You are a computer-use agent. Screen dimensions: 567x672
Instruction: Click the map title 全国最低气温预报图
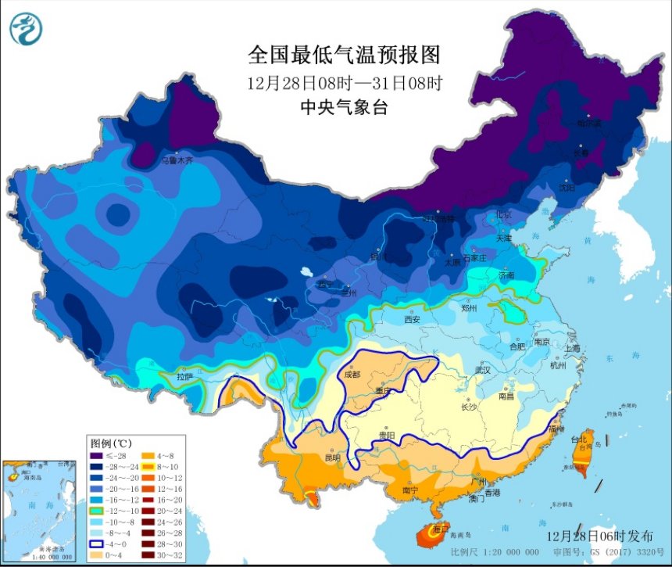pyautogui.click(x=344, y=56)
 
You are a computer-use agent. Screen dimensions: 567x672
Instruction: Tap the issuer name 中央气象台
pyautogui.click(x=344, y=108)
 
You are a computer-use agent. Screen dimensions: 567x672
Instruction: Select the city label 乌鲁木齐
pyautogui.click(x=177, y=160)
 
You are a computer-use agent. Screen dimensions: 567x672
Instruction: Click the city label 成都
pyautogui.click(x=353, y=374)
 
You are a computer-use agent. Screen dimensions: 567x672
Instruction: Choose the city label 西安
pyautogui.click(x=413, y=319)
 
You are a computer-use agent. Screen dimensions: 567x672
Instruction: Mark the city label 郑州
pyautogui.click(x=469, y=308)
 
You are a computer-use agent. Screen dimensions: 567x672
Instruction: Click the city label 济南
pyautogui.click(x=506, y=275)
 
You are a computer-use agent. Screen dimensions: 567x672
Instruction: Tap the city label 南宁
pyautogui.click(x=410, y=490)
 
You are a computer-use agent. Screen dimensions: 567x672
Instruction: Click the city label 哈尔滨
pyautogui.click(x=589, y=123)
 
